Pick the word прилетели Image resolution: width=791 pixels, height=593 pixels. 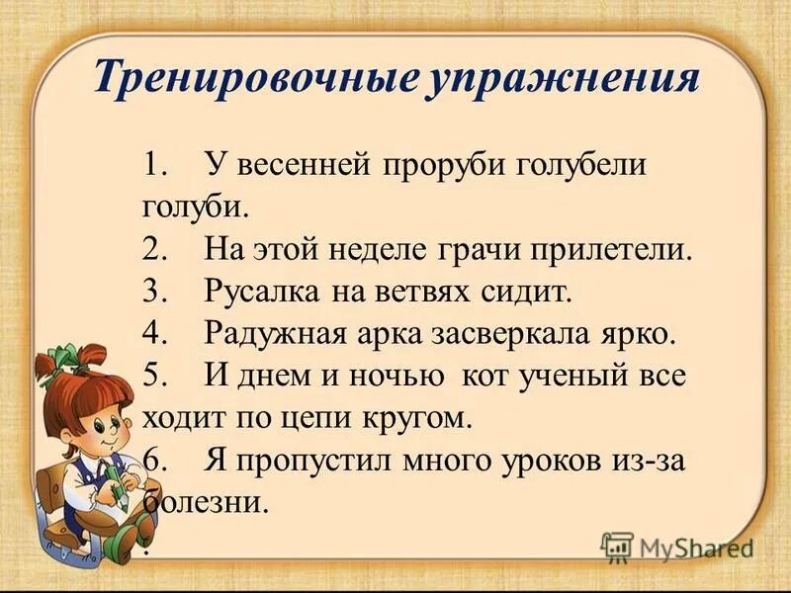point(610,249)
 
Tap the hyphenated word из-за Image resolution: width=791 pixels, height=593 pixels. point(653,461)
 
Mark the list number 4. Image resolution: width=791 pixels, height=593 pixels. point(152,334)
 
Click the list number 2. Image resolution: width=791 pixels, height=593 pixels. point(152,249)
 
